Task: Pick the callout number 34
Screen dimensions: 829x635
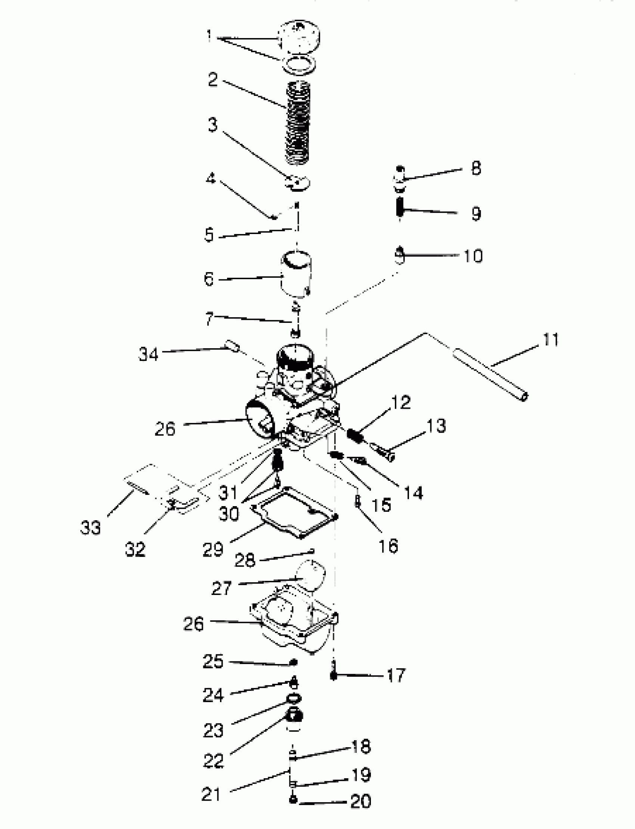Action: tap(148, 354)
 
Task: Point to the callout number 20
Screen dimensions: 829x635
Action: tap(360, 800)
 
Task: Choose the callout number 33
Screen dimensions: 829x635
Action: tap(90, 527)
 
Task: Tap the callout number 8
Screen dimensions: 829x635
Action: tap(476, 168)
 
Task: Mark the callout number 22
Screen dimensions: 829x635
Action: tap(213, 760)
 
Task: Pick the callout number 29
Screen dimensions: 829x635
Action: tap(213, 549)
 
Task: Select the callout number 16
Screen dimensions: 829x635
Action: tap(388, 545)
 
